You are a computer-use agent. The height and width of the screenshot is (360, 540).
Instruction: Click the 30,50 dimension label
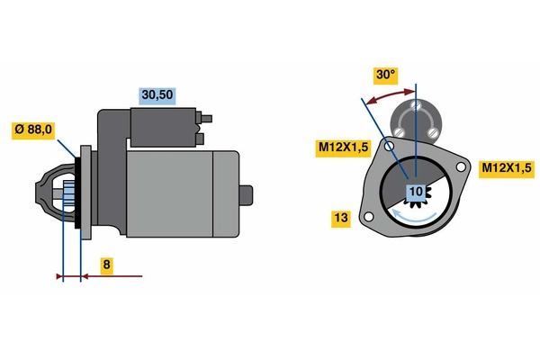[x=157, y=94]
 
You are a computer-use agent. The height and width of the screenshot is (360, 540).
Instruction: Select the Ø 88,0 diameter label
[x=34, y=130]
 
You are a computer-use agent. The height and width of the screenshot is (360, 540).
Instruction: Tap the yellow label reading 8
[x=106, y=265]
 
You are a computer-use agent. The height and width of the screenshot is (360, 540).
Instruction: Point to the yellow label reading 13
[x=340, y=218]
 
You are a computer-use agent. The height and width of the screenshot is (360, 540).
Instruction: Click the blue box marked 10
[x=416, y=192]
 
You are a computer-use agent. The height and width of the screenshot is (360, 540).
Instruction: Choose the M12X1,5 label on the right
[x=506, y=167]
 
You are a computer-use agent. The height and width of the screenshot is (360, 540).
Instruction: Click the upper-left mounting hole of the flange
[x=389, y=146]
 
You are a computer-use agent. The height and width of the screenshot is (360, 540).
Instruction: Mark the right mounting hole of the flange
[x=462, y=168]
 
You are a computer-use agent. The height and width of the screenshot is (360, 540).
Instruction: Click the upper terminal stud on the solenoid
[x=207, y=117]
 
